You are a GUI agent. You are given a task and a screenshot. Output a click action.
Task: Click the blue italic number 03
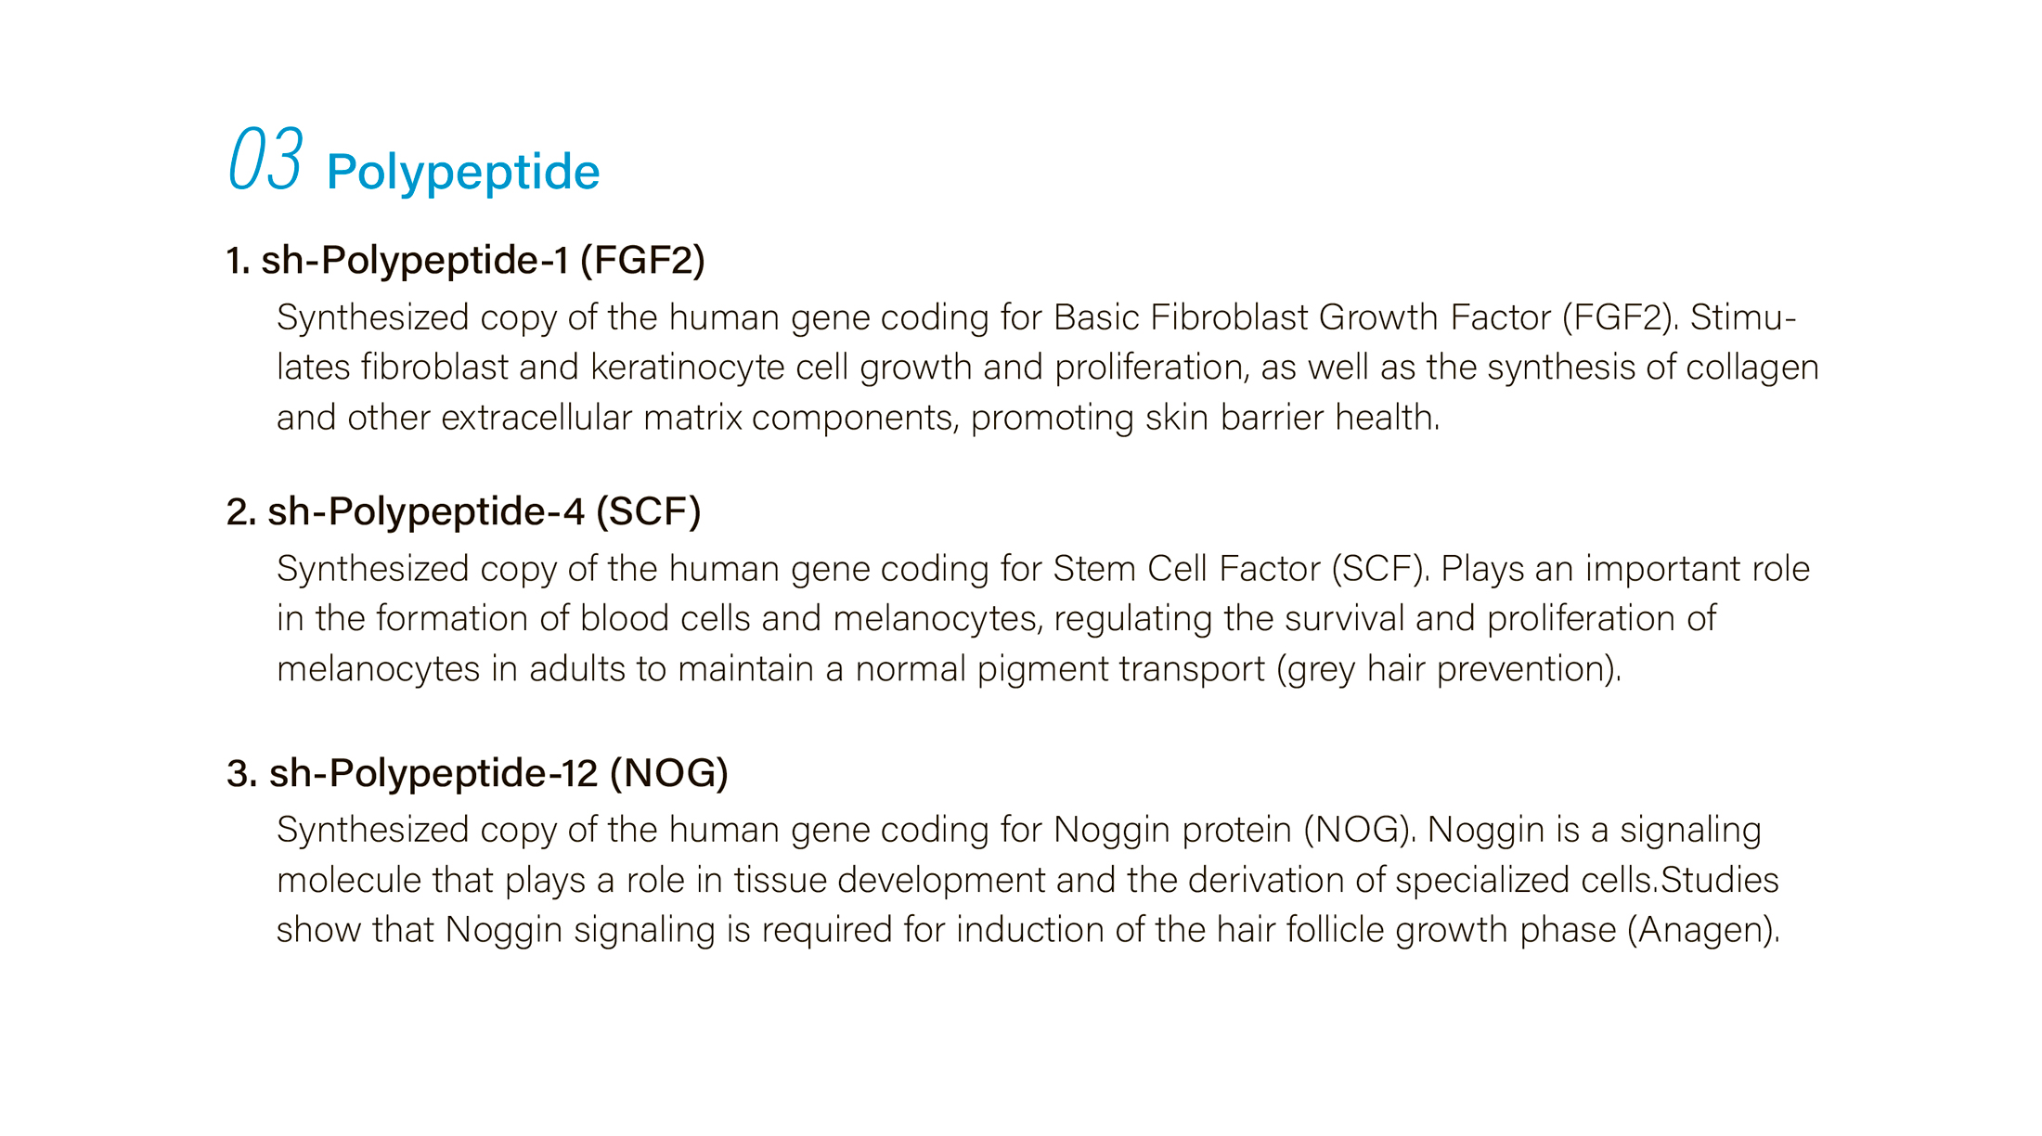point(265,159)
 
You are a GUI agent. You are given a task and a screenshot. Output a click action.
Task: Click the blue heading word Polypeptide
point(463,173)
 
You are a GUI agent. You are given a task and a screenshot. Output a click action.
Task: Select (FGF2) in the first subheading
point(642,261)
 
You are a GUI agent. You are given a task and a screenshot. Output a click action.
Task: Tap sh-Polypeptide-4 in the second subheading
point(426,512)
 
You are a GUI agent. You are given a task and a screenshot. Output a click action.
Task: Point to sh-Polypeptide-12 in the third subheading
point(433,774)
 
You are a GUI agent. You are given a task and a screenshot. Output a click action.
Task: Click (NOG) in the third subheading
point(669,774)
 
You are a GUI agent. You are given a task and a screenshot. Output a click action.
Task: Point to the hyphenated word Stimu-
point(1743,317)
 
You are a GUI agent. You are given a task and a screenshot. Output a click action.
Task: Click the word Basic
point(1096,317)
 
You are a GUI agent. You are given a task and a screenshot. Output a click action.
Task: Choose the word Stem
point(1094,569)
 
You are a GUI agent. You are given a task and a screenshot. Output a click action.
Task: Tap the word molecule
point(349,880)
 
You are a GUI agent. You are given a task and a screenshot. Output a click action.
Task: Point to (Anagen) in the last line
point(1703,931)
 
